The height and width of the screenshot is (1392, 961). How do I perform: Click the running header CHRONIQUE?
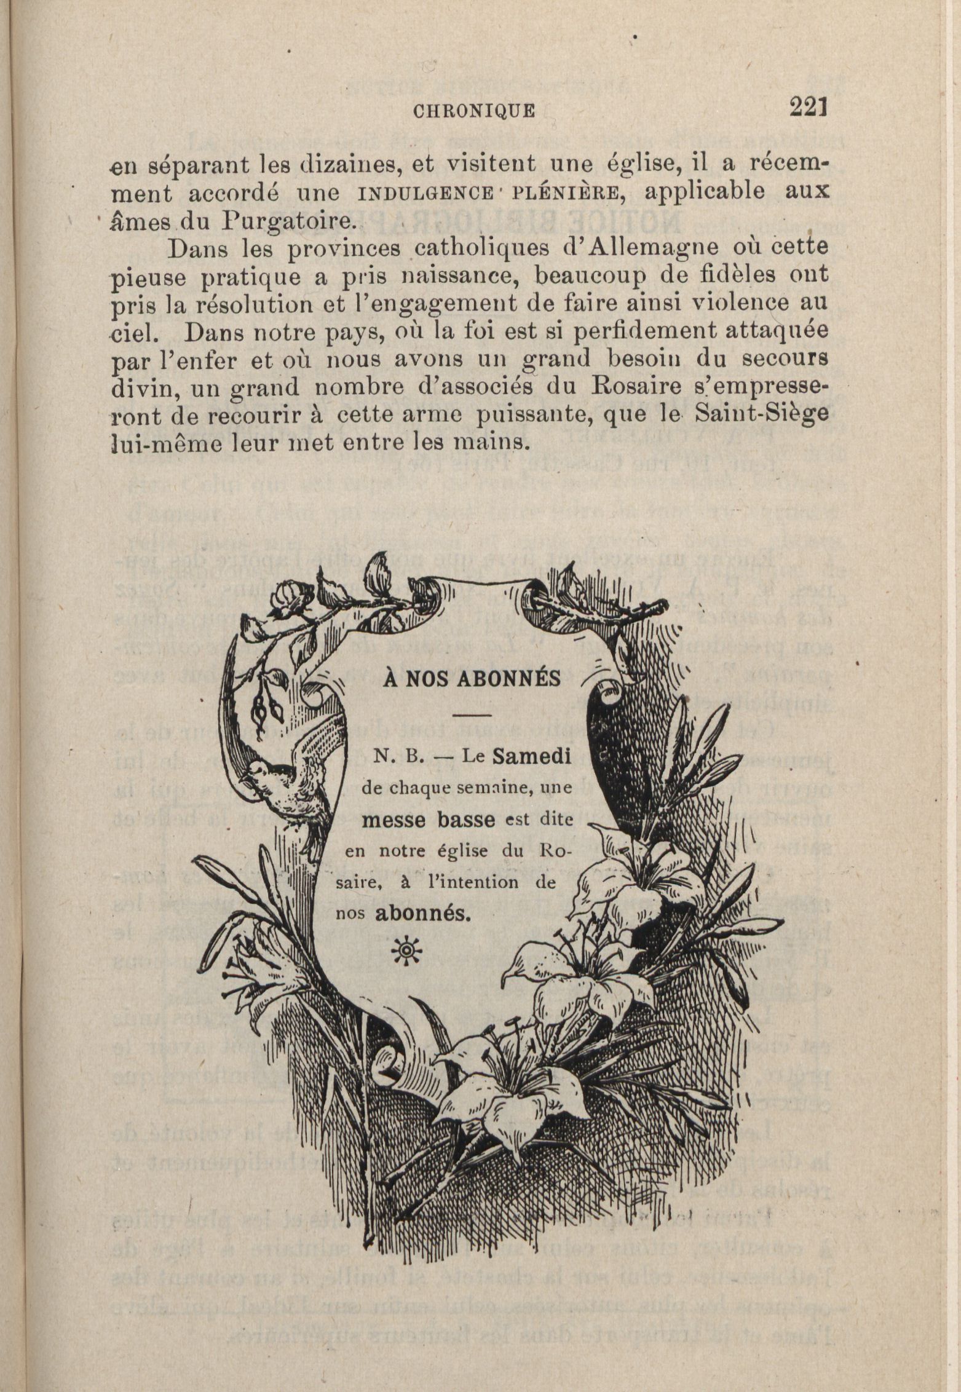(x=474, y=111)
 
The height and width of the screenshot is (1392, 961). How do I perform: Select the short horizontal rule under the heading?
(x=472, y=715)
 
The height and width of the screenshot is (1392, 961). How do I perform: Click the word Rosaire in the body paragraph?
(x=668, y=387)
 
